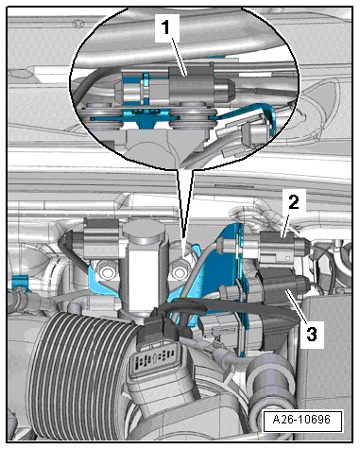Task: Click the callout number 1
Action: coord(167,27)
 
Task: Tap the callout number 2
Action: coord(294,202)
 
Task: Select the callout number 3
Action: coord(312,334)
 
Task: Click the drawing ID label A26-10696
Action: coord(302,420)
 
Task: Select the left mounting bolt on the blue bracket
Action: coord(107,271)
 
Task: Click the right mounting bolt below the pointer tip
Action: coord(179,271)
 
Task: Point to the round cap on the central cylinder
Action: coord(145,232)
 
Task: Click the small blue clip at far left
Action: coord(21,281)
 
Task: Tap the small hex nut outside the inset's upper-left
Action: coord(77,24)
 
